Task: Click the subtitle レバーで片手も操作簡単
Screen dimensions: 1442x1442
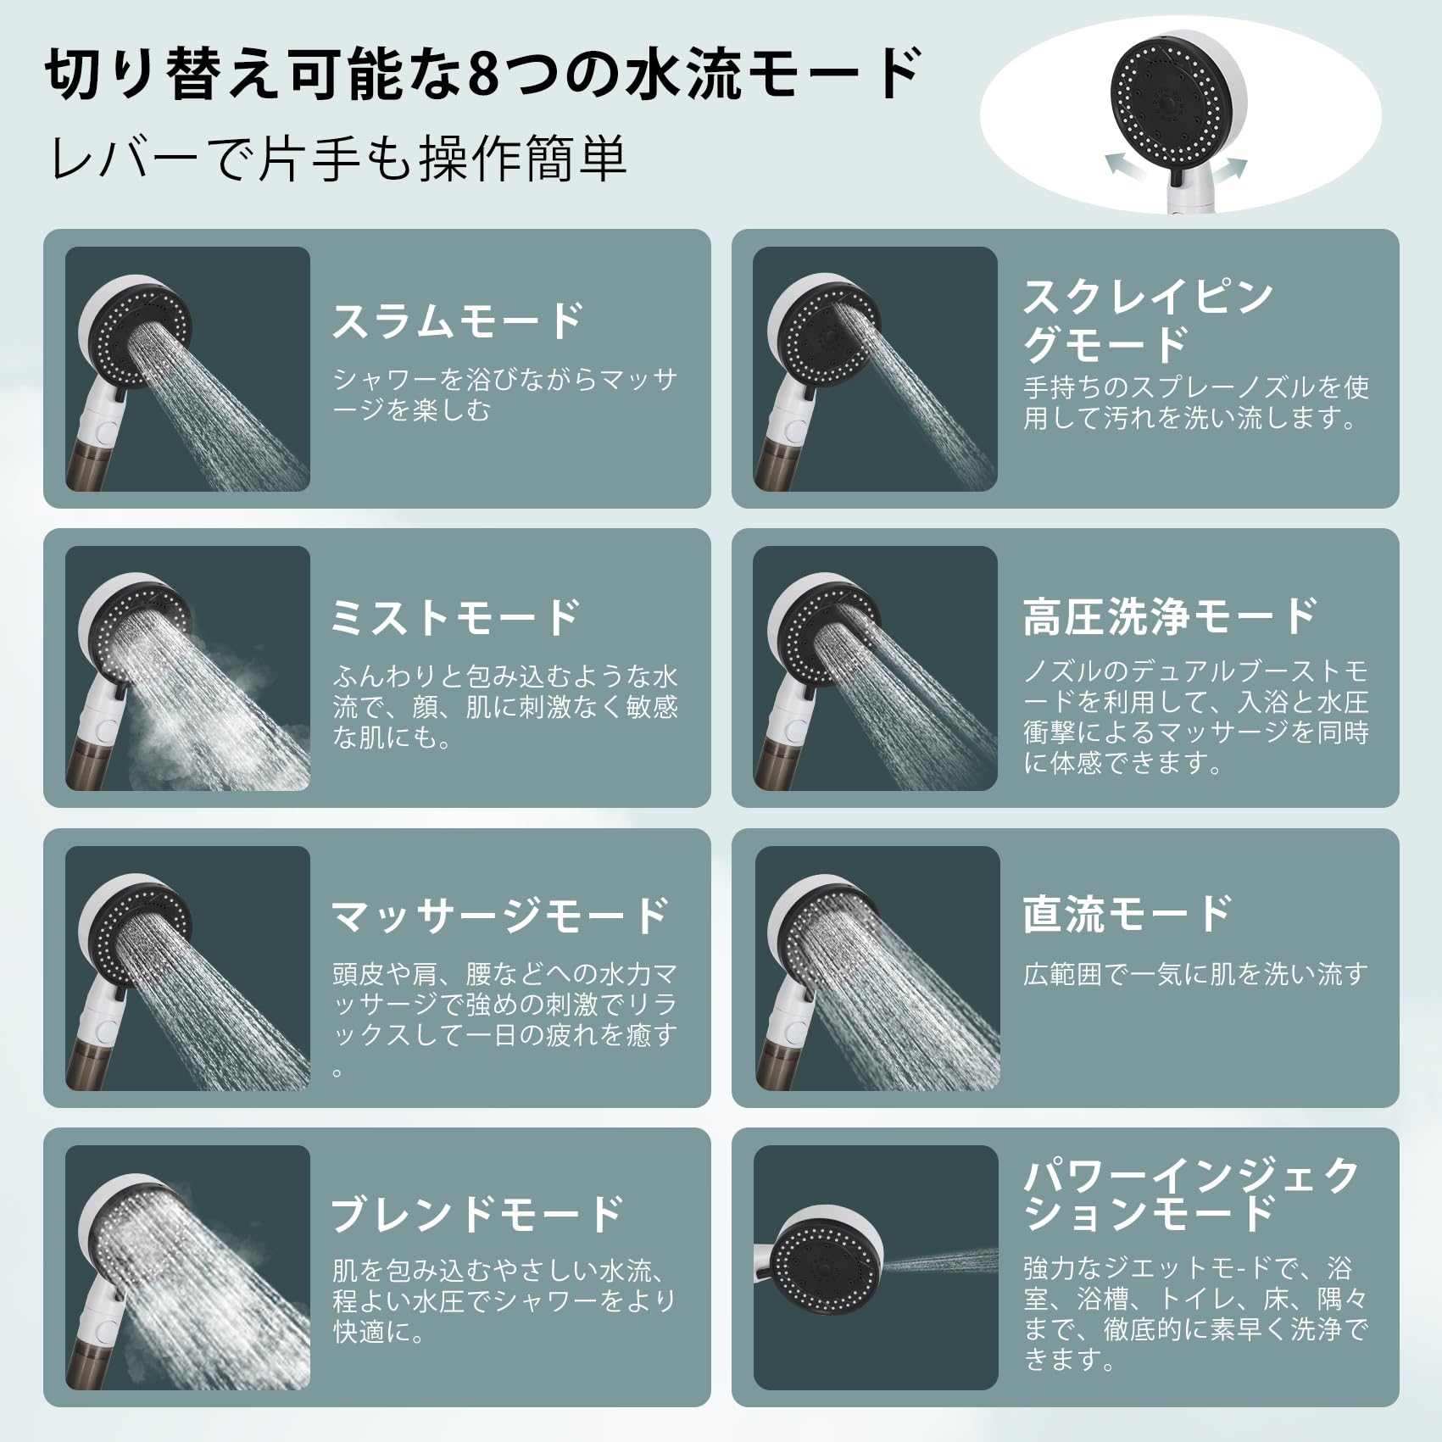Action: coord(339,159)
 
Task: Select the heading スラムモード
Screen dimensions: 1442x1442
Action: coord(458,321)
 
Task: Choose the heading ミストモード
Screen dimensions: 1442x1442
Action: coord(455,617)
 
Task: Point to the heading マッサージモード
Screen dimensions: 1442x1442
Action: coord(500,916)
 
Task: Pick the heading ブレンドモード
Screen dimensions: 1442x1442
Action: coord(477,1214)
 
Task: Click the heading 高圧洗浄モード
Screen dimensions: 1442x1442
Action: coord(1171,616)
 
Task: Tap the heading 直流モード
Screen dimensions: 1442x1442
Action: coord(1127,914)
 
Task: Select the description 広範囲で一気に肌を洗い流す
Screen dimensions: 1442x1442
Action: coord(1195,974)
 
